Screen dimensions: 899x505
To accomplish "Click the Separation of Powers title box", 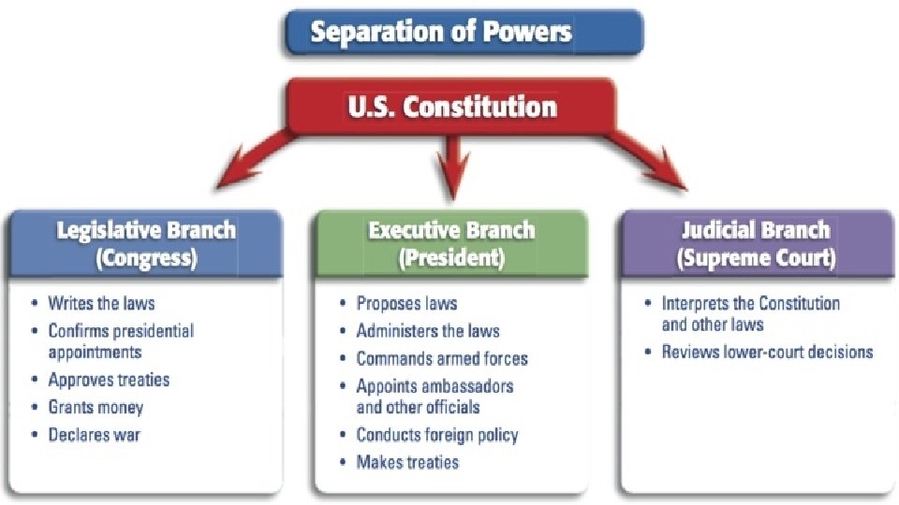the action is [464, 32].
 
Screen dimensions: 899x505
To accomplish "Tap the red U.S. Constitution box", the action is [452, 106].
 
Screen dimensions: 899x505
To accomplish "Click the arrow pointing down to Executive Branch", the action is [452, 168].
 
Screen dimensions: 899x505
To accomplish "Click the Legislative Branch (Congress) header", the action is [146, 243].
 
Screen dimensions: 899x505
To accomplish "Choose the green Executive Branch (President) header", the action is [451, 243].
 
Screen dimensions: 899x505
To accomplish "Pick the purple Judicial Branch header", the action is [757, 243].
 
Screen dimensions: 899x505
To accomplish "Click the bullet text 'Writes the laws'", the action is [101, 303].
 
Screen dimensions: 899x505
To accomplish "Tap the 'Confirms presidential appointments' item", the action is [121, 341].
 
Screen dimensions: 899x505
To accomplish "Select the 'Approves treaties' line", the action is [109, 381].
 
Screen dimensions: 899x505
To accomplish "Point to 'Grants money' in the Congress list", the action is [96, 408].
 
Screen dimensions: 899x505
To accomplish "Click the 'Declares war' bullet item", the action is [95, 435].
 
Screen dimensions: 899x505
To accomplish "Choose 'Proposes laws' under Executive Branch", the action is [406, 303].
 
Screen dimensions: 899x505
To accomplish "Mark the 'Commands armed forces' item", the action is [442, 358].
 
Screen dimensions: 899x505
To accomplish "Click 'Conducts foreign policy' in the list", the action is [436, 435].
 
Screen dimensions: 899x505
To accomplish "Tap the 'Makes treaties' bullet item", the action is [407, 462].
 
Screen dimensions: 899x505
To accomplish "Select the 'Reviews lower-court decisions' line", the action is [767, 352].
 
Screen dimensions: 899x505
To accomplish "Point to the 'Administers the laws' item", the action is [428, 331].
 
